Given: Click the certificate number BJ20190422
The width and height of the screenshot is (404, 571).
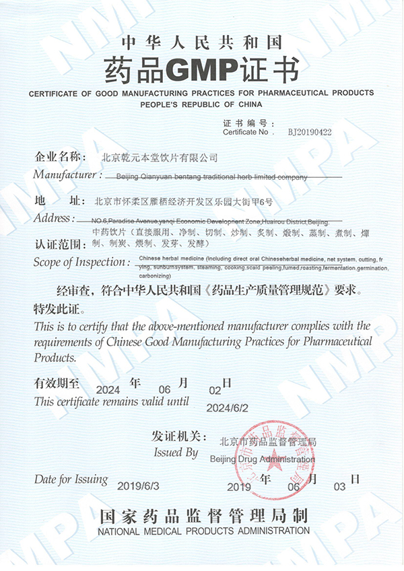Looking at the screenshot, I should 310,133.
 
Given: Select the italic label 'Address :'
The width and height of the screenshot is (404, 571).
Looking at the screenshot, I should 54,218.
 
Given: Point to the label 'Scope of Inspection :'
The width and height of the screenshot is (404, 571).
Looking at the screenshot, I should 81,262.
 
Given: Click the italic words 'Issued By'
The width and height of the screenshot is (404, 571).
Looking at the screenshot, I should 176,452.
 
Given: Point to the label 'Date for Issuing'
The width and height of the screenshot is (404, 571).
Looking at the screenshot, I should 71,479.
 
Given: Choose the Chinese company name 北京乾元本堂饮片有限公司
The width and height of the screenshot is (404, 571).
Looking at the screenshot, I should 159,158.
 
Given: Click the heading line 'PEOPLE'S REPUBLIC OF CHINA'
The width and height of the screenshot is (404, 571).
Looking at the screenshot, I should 201,105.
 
